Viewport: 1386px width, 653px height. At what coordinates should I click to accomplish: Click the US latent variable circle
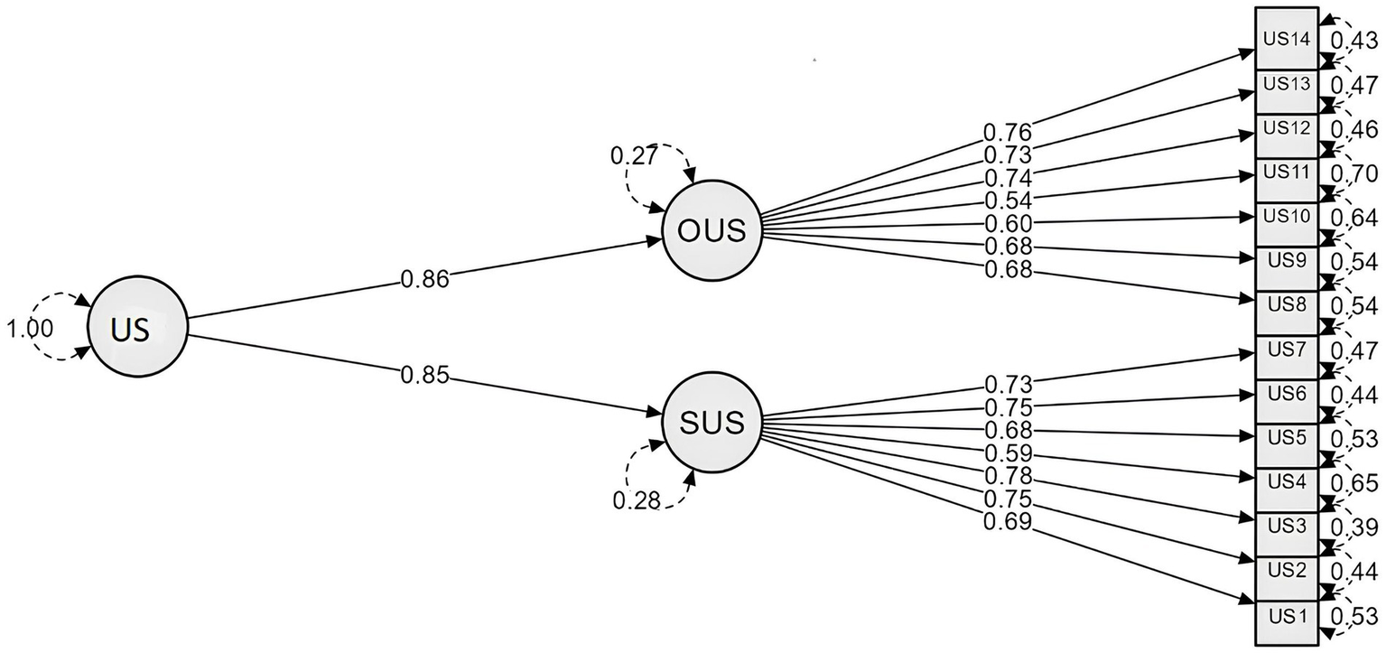[x=136, y=326]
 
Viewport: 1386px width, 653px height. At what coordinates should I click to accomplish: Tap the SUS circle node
[x=712, y=422]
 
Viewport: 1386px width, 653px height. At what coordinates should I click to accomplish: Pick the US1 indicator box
[x=1286, y=616]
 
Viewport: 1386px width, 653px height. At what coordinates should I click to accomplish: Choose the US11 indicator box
[x=1286, y=172]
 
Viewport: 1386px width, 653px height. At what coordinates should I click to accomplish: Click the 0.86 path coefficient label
[x=424, y=279]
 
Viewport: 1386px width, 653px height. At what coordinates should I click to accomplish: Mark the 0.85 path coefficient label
[x=424, y=375]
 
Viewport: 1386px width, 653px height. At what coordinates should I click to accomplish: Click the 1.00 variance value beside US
[x=30, y=329]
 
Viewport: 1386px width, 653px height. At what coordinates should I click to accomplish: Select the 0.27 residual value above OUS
[x=635, y=155]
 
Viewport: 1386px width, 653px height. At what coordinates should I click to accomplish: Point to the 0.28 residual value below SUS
[x=637, y=499]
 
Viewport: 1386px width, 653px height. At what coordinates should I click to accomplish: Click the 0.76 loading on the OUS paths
[x=1008, y=134]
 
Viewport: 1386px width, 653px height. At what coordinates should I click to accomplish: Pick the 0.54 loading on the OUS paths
[x=1008, y=199]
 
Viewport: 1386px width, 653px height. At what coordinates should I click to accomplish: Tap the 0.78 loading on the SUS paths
[x=1008, y=475]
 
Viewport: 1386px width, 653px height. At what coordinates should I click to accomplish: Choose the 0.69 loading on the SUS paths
[x=1008, y=521]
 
